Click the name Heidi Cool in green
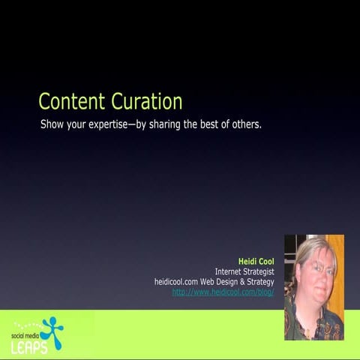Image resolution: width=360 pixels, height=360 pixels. click(x=256, y=262)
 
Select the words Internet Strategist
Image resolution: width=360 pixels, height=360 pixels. click(x=244, y=271)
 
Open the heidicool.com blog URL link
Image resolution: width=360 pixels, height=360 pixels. click(x=223, y=292)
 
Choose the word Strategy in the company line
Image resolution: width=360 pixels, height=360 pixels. click(x=261, y=281)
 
